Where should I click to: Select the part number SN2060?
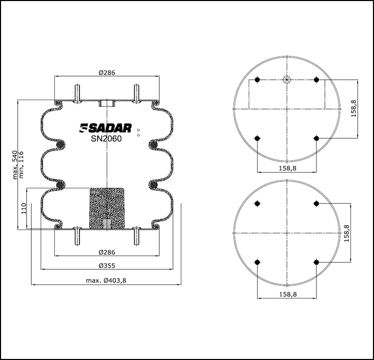pos(107,139)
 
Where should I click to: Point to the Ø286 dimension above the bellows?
pos(107,73)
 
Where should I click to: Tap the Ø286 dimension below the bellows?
pos(107,252)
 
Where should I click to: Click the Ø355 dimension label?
pos(107,266)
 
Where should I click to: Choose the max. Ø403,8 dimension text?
pos(107,280)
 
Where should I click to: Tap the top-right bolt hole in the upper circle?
pos(316,79)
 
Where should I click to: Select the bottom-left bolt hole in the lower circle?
pos(256,262)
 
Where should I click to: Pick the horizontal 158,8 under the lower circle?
pos(286,294)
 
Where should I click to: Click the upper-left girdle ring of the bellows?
pos(60,144)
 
